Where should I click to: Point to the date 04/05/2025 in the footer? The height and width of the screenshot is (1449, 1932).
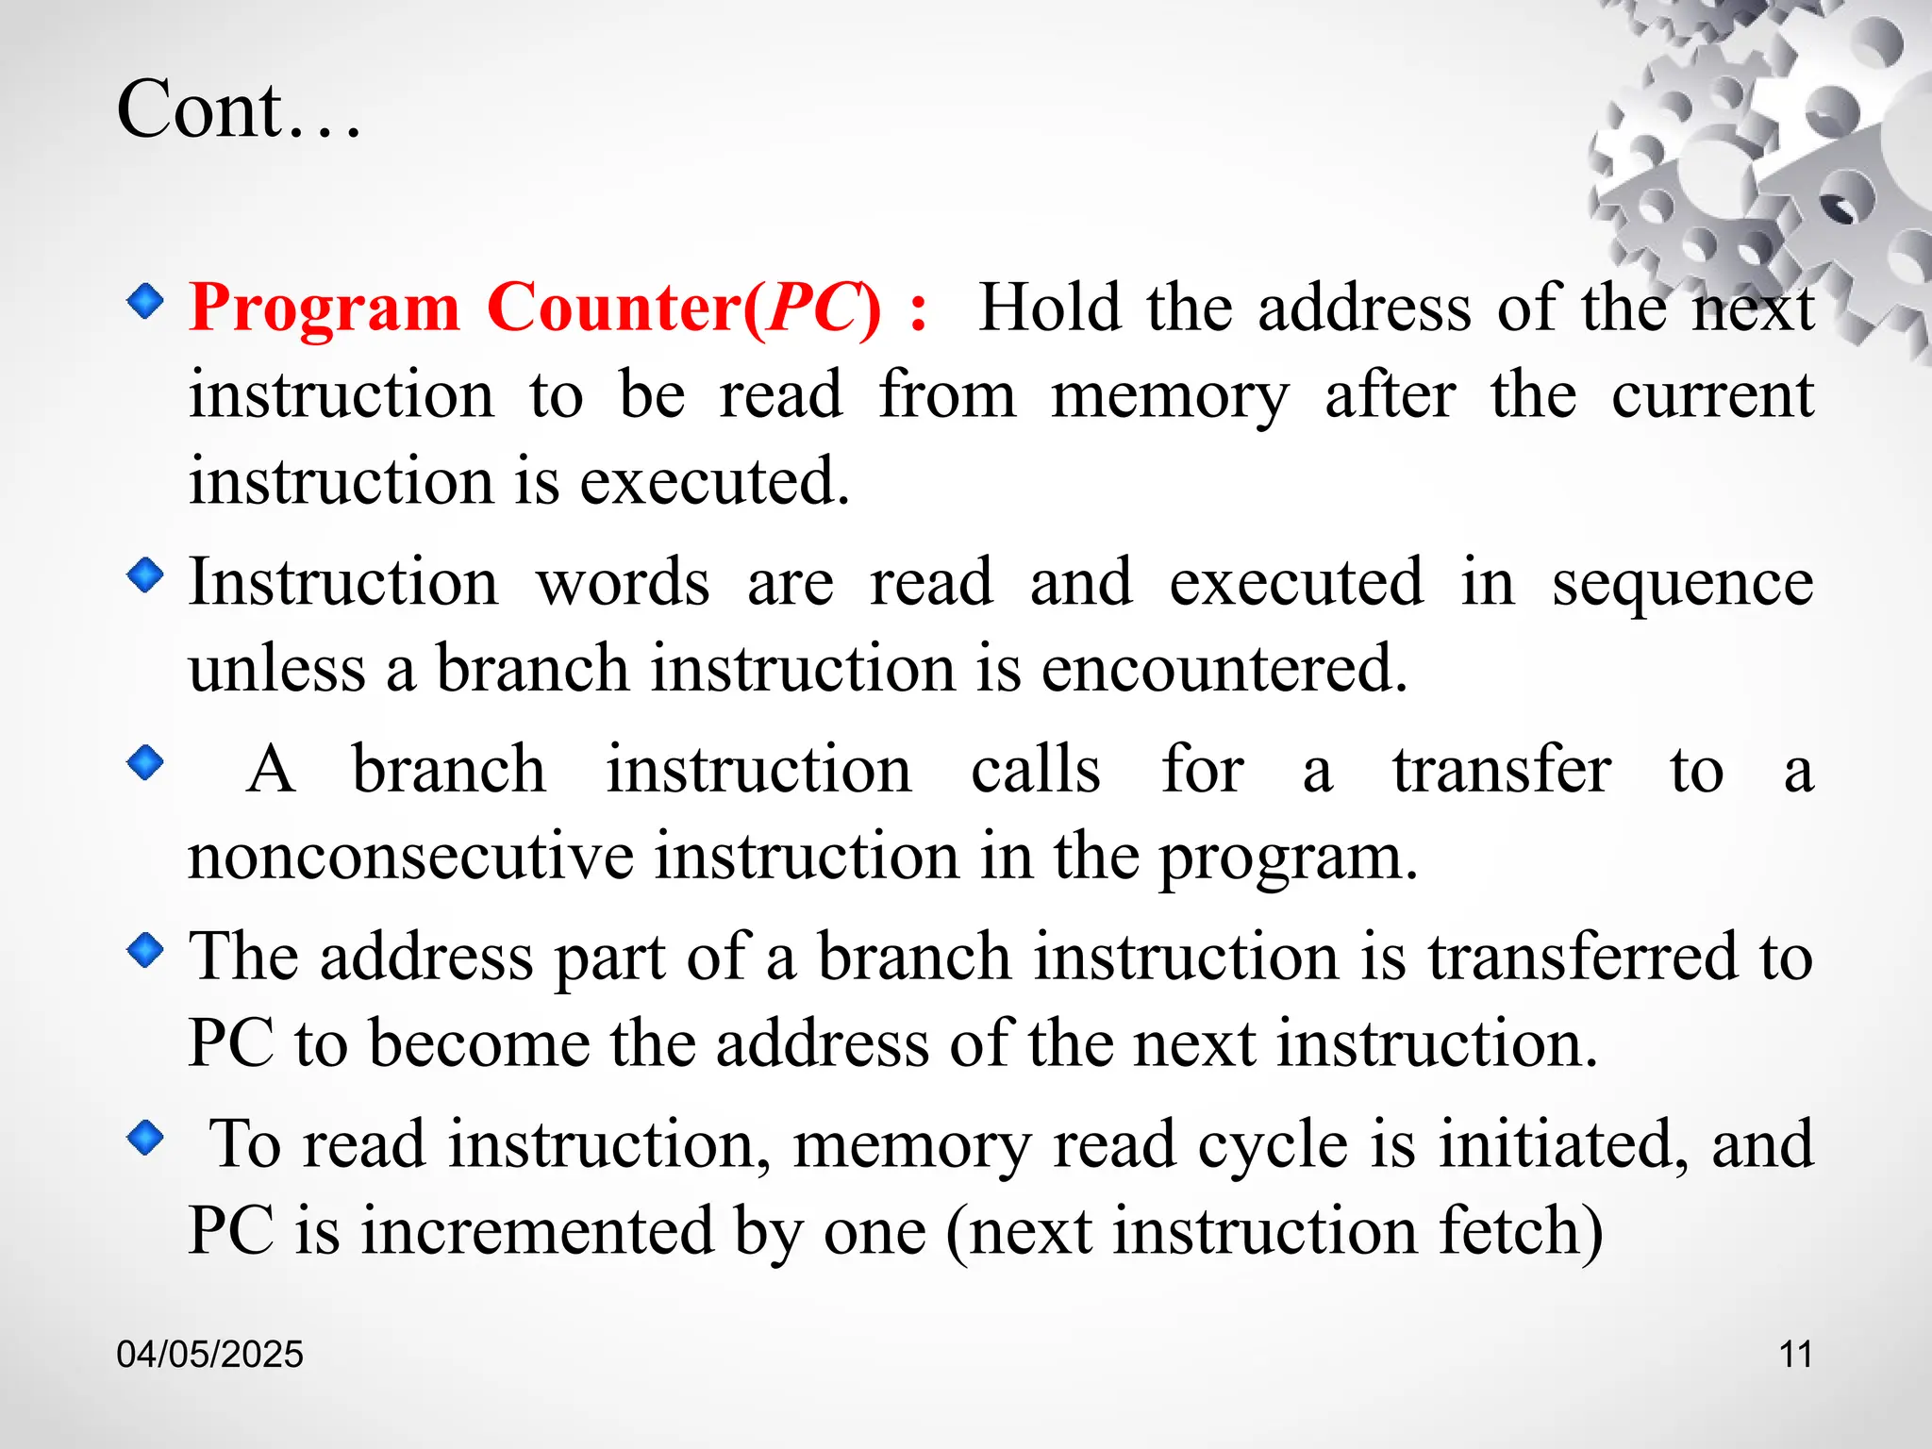[209, 1355]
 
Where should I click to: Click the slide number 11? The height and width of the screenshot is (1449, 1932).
[1795, 1355]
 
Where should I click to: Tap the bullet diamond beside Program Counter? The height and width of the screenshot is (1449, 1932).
[145, 302]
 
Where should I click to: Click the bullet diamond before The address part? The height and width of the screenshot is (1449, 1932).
[145, 950]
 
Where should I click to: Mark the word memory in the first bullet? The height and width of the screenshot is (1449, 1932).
[1169, 396]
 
